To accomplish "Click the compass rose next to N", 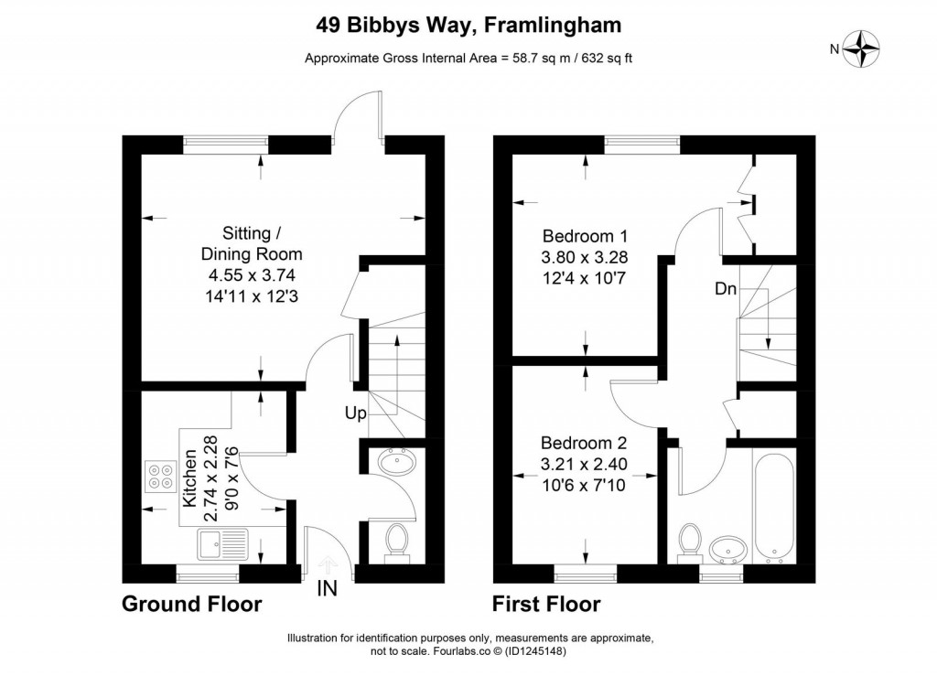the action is [x=861, y=49].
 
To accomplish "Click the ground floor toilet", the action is [x=395, y=542].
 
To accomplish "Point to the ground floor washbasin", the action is [x=397, y=462].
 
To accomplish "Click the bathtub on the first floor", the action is [x=774, y=509].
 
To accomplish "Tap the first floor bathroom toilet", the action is [x=690, y=542].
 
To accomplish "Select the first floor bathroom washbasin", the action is [x=727, y=550].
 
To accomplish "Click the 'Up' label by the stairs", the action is [x=355, y=413].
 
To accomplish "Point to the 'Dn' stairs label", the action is [x=726, y=289].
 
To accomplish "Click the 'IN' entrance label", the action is [x=327, y=589].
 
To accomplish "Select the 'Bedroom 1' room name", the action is [x=585, y=236].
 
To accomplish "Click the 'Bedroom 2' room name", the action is [x=584, y=443].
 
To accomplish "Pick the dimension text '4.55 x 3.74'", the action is [x=252, y=275].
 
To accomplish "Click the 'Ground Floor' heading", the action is [x=192, y=604].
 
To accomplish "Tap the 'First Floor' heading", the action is [x=546, y=604].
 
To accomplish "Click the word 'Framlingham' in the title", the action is [x=552, y=25].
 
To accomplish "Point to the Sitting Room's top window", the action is [x=226, y=141].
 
